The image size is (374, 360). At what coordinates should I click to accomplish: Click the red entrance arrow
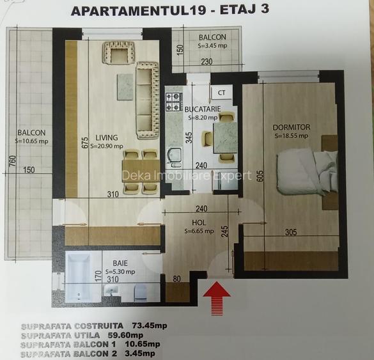[x=217, y=298]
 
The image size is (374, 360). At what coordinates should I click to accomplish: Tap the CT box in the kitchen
[x=222, y=92]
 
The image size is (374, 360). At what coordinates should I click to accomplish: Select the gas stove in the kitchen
[x=174, y=102]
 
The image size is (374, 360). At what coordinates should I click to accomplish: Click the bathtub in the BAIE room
[x=79, y=278]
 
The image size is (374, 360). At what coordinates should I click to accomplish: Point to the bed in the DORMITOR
[x=308, y=172]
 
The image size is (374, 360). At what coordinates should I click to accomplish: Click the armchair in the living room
[x=118, y=52]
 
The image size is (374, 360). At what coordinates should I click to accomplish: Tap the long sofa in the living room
[x=148, y=100]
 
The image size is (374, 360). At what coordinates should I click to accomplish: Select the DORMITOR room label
[x=292, y=127]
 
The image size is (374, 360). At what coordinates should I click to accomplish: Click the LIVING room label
[x=107, y=137]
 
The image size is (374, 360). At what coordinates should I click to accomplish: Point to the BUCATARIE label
[x=203, y=109]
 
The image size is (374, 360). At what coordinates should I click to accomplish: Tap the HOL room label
[x=199, y=223]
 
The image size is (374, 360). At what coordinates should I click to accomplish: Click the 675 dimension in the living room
[x=85, y=143]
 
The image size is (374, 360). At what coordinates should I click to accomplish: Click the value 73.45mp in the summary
[x=150, y=325]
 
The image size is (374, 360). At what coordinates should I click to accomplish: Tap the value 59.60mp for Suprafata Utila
[x=125, y=335]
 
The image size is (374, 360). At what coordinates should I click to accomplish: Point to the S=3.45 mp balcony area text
[x=212, y=45]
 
